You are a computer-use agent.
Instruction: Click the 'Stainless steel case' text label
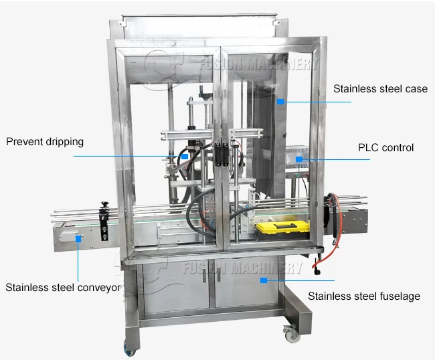coord(380,89)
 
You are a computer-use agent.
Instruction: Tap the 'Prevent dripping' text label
coord(46,142)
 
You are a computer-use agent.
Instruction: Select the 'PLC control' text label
coord(386,147)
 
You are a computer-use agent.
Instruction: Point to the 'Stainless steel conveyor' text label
coord(64,288)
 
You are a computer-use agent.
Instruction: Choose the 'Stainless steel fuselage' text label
coord(364,296)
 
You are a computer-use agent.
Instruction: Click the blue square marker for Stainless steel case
coord(282,102)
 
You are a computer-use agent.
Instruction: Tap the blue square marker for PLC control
coord(300,159)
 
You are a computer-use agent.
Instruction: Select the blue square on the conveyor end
coord(78,238)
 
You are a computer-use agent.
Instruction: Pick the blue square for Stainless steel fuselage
coord(264,280)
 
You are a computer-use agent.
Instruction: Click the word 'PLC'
coord(368,147)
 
